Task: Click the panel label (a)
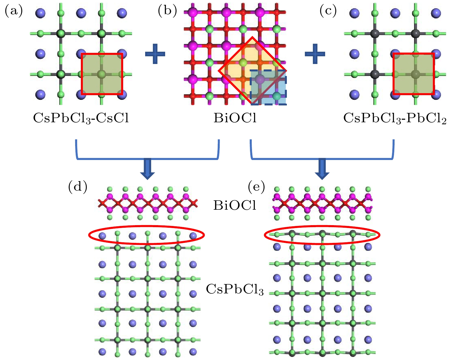click(13, 11)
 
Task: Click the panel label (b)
click(167, 11)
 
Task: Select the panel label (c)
click(328, 11)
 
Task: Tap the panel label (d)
click(77, 187)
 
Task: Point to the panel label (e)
click(256, 187)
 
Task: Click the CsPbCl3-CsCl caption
click(81, 118)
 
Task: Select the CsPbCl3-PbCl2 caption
click(395, 118)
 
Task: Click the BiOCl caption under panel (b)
click(235, 118)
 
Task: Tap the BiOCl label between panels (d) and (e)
click(235, 205)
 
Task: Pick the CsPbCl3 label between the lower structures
click(235, 289)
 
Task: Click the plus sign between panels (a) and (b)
click(155, 54)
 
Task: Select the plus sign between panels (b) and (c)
click(315, 54)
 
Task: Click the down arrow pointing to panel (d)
click(148, 169)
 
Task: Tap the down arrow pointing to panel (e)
click(322, 169)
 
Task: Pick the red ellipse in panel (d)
click(147, 235)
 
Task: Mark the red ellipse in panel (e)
click(322, 235)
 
